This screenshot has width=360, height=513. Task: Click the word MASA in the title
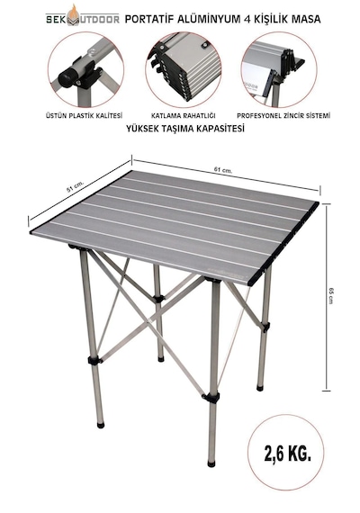pos(306,19)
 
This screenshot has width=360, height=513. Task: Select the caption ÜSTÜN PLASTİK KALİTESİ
pos(84,115)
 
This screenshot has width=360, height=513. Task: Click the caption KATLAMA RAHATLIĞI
pos(183,115)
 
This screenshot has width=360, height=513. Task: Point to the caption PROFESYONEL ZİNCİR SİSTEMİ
pos(283,115)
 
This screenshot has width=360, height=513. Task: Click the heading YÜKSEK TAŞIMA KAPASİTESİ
pos(185,129)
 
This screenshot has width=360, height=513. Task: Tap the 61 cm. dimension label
pos(223,170)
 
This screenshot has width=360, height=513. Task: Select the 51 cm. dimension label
pos(76,186)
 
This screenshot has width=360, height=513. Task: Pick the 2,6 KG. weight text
pos(287,454)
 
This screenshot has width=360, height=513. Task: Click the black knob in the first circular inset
pos(67,78)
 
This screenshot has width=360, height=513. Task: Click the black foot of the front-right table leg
pos(211,463)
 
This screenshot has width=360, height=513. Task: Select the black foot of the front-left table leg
pos(101,425)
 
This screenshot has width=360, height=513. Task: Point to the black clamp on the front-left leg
pos(94,361)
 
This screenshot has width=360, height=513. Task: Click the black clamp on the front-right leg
pos(211,398)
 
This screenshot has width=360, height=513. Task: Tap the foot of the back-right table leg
pos(260,388)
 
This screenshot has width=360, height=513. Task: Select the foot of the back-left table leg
pos(160,358)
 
